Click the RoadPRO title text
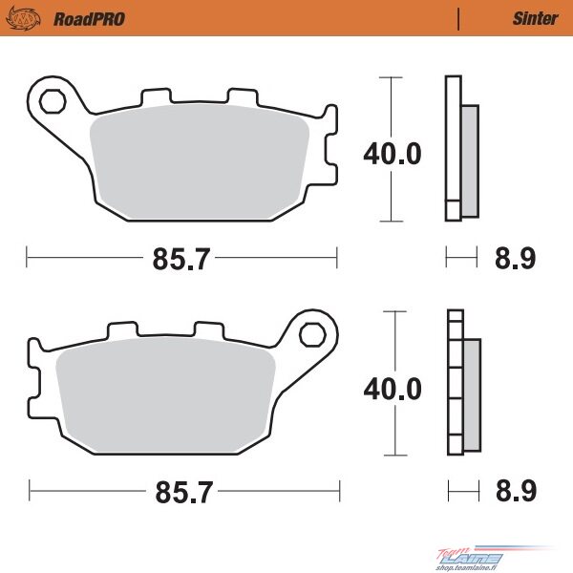(x=89, y=19)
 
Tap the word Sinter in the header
(x=536, y=19)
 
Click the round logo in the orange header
(x=23, y=19)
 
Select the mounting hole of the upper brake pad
(x=53, y=101)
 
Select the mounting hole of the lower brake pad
(x=312, y=335)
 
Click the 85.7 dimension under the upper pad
(x=181, y=259)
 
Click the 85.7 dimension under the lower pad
(x=183, y=492)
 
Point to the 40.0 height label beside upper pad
(x=393, y=154)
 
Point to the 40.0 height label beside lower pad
(x=393, y=389)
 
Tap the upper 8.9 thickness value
(x=516, y=258)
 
